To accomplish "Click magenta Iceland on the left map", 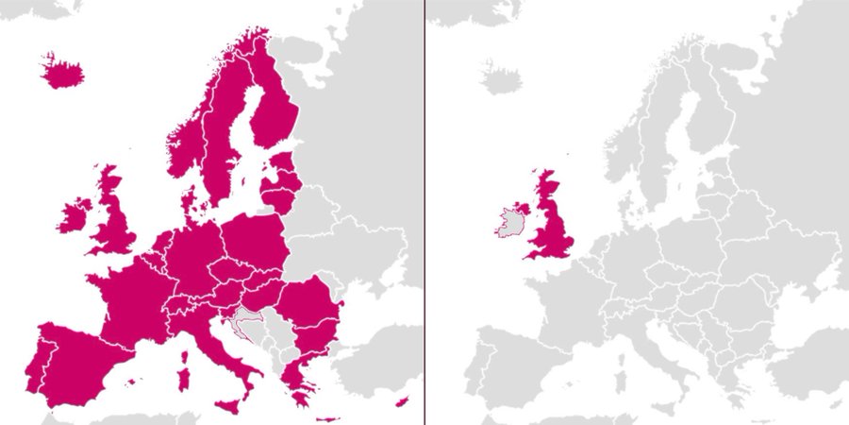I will [62, 71].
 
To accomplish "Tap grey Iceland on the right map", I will [499, 76].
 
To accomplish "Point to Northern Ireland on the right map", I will [521, 207].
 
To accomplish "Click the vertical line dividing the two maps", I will [424, 212].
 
